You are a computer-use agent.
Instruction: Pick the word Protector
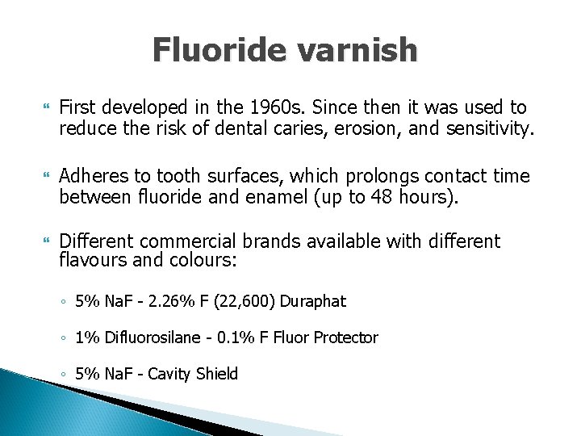pos(346,337)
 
